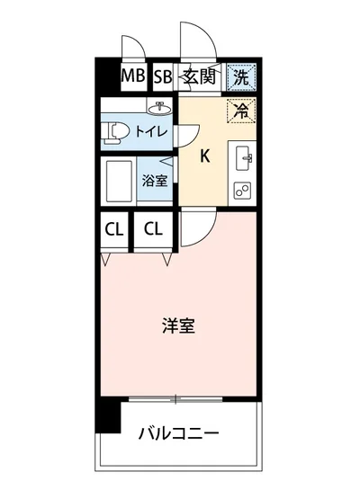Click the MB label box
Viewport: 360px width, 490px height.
tap(133, 76)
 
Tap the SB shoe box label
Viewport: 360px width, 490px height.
tap(162, 76)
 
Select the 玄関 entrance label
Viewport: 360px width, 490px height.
tap(198, 76)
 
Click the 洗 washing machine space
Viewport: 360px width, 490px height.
tap(241, 76)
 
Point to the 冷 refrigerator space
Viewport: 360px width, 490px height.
tap(240, 111)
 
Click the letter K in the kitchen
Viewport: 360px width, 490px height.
tap(204, 156)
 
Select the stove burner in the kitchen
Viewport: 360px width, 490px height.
tap(243, 190)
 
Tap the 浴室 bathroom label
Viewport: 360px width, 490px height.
tap(155, 179)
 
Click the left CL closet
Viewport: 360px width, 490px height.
tap(113, 228)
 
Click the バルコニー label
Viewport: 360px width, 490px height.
tap(179, 434)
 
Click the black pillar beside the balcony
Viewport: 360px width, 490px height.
tap(108, 413)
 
